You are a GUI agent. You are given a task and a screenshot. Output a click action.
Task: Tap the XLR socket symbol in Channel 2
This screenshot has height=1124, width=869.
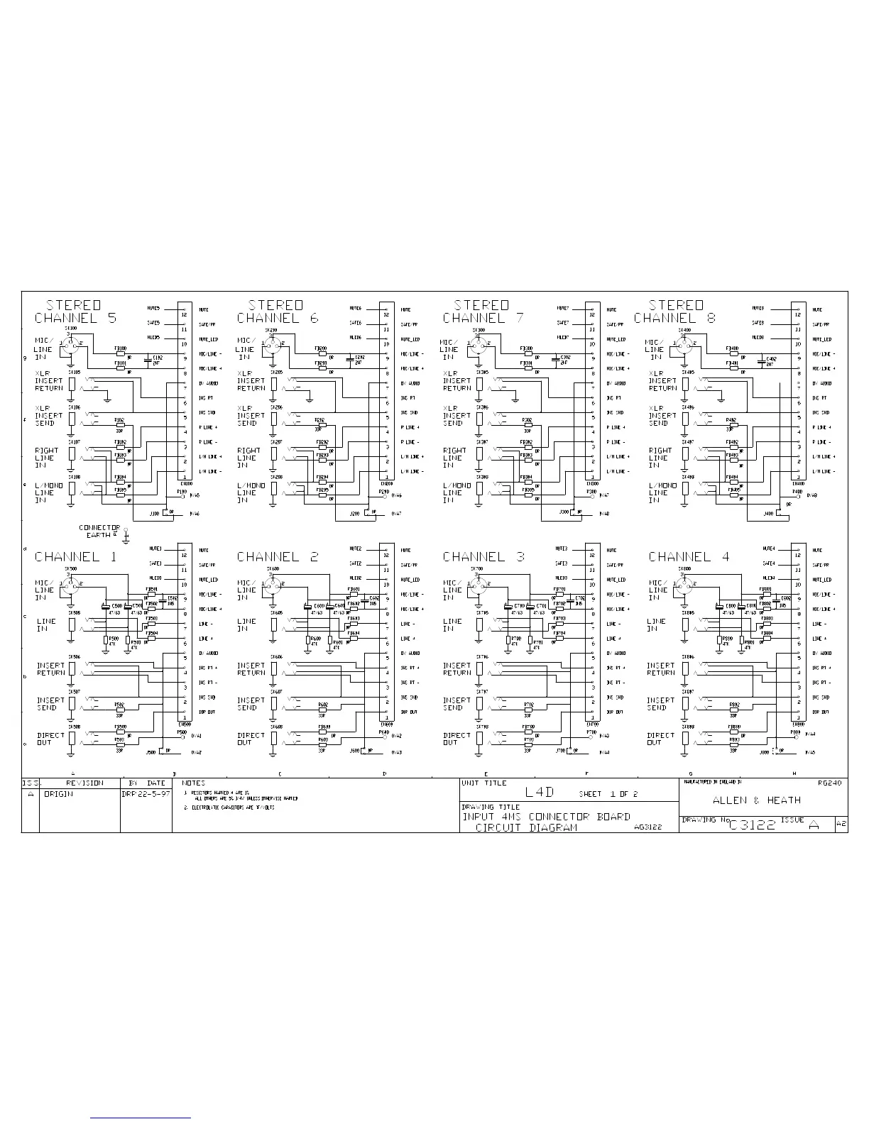(x=271, y=587)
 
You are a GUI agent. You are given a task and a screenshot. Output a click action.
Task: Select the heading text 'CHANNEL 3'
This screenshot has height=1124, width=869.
(x=483, y=557)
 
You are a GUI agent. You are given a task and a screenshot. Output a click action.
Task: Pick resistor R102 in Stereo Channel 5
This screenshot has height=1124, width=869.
(x=119, y=424)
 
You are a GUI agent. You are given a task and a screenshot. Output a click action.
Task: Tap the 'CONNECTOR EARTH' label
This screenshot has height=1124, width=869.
(x=99, y=531)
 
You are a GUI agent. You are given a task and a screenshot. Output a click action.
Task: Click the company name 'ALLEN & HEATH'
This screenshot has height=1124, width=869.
(x=756, y=800)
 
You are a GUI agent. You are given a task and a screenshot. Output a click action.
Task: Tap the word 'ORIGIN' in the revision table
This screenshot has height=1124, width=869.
(x=58, y=794)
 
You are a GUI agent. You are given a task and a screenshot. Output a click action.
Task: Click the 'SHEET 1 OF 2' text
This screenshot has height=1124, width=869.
(x=608, y=794)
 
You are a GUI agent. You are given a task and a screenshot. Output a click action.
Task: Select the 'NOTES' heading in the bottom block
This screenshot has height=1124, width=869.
(x=193, y=783)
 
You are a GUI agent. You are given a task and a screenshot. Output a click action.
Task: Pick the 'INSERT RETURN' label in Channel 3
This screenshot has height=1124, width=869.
(x=457, y=669)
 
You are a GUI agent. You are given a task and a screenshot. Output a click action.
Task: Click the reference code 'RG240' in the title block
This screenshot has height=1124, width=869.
(x=829, y=784)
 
